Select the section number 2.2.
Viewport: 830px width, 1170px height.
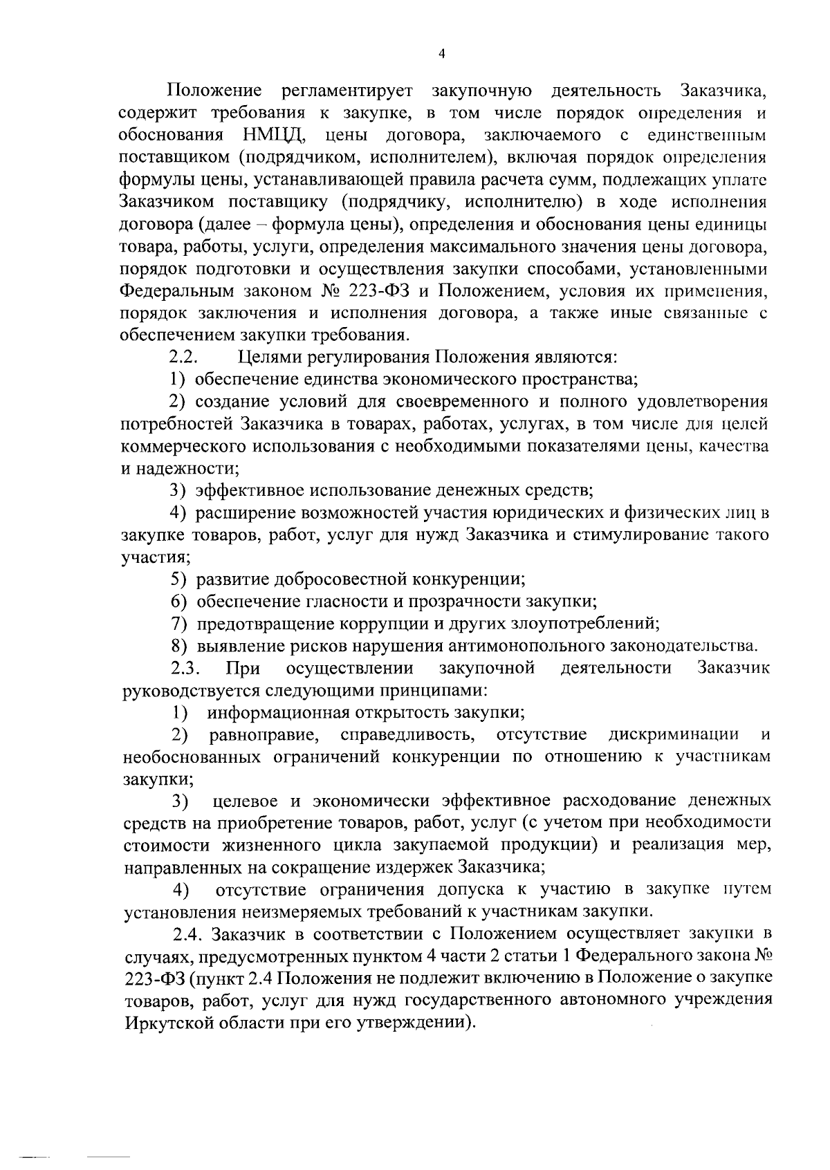pos(185,357)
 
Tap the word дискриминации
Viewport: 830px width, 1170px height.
pos(673,734)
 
